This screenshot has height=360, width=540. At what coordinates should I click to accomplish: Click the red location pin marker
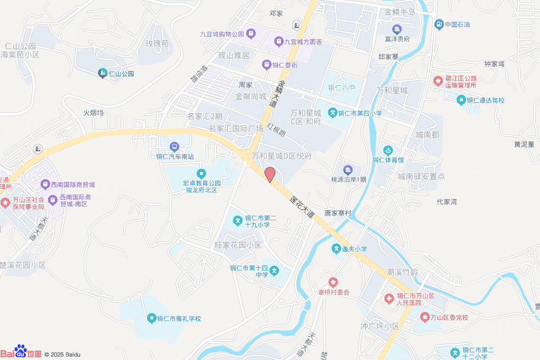pyautogui.click(x=269, y=174)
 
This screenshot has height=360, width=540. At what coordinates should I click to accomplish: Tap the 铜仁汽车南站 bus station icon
pyautogui.click(x=174, y=147)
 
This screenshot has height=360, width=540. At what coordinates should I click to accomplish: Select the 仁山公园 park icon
pyautogui.click(x=102, y=74)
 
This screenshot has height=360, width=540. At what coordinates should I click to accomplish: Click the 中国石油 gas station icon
pyautogui.click(x=438, y=24)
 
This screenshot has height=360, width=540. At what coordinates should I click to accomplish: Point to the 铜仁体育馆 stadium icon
pyautogui.click(x=388, y=151)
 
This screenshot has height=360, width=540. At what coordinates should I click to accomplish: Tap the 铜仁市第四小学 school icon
pyautogui.click(x=332, y=112)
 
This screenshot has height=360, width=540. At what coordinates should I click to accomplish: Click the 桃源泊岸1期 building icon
pyautogui.click(x=348, y=170)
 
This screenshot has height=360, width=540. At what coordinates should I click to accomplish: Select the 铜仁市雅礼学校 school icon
pyautogui.click(x=152, y=318)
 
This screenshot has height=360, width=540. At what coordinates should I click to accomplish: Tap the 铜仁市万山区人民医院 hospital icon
pyautogui.click(x=389, y=299)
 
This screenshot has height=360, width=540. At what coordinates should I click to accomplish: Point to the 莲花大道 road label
pyautogui.click(x=302, y=207)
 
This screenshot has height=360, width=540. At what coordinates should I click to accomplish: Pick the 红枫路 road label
pyautogui.click(x=276, y=130)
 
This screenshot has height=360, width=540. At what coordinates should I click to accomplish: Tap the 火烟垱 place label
pyautogui.click(x=93, y=113)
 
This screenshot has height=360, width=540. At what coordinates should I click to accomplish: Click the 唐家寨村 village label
pyautogui.click(x=337, y=213)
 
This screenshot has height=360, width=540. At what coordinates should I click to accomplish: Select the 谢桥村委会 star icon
pyautogui.click(x=332, y=283)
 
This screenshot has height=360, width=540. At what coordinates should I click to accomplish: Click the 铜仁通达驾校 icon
pyautogui.click(x=461, y=100)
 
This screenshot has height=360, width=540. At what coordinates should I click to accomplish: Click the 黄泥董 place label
pyautogui.click(x=524, y=144)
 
